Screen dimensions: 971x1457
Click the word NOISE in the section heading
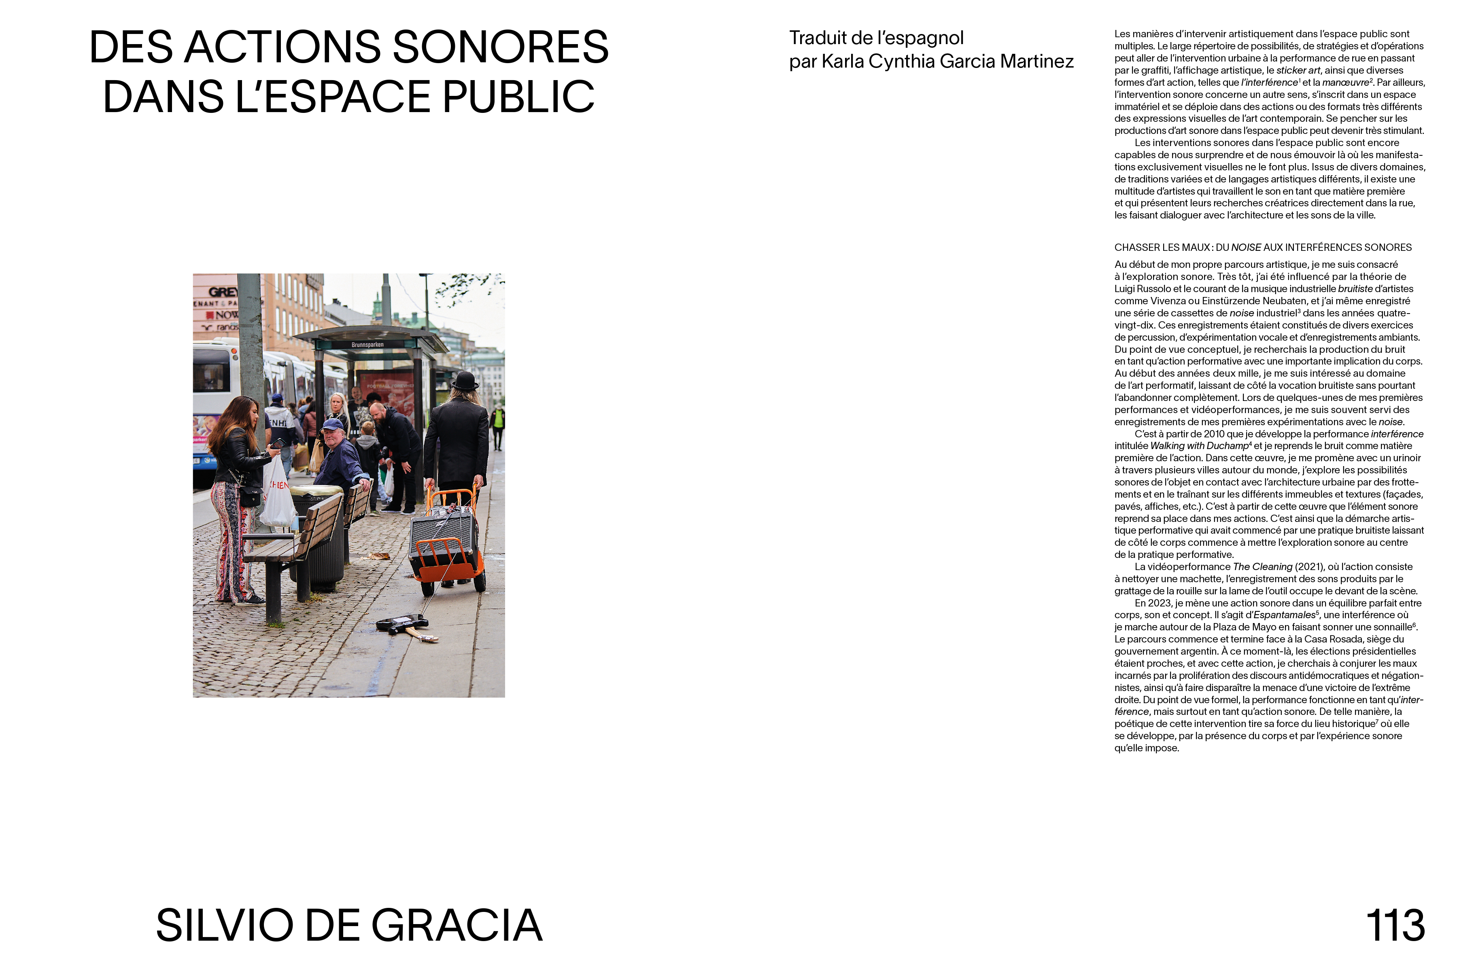(x=1246, y=248)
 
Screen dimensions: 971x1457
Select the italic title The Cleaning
(x=1262, y=567)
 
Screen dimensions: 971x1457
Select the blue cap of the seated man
(x=333, y=425)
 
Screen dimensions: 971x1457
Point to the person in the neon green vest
(x=497, y=421)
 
